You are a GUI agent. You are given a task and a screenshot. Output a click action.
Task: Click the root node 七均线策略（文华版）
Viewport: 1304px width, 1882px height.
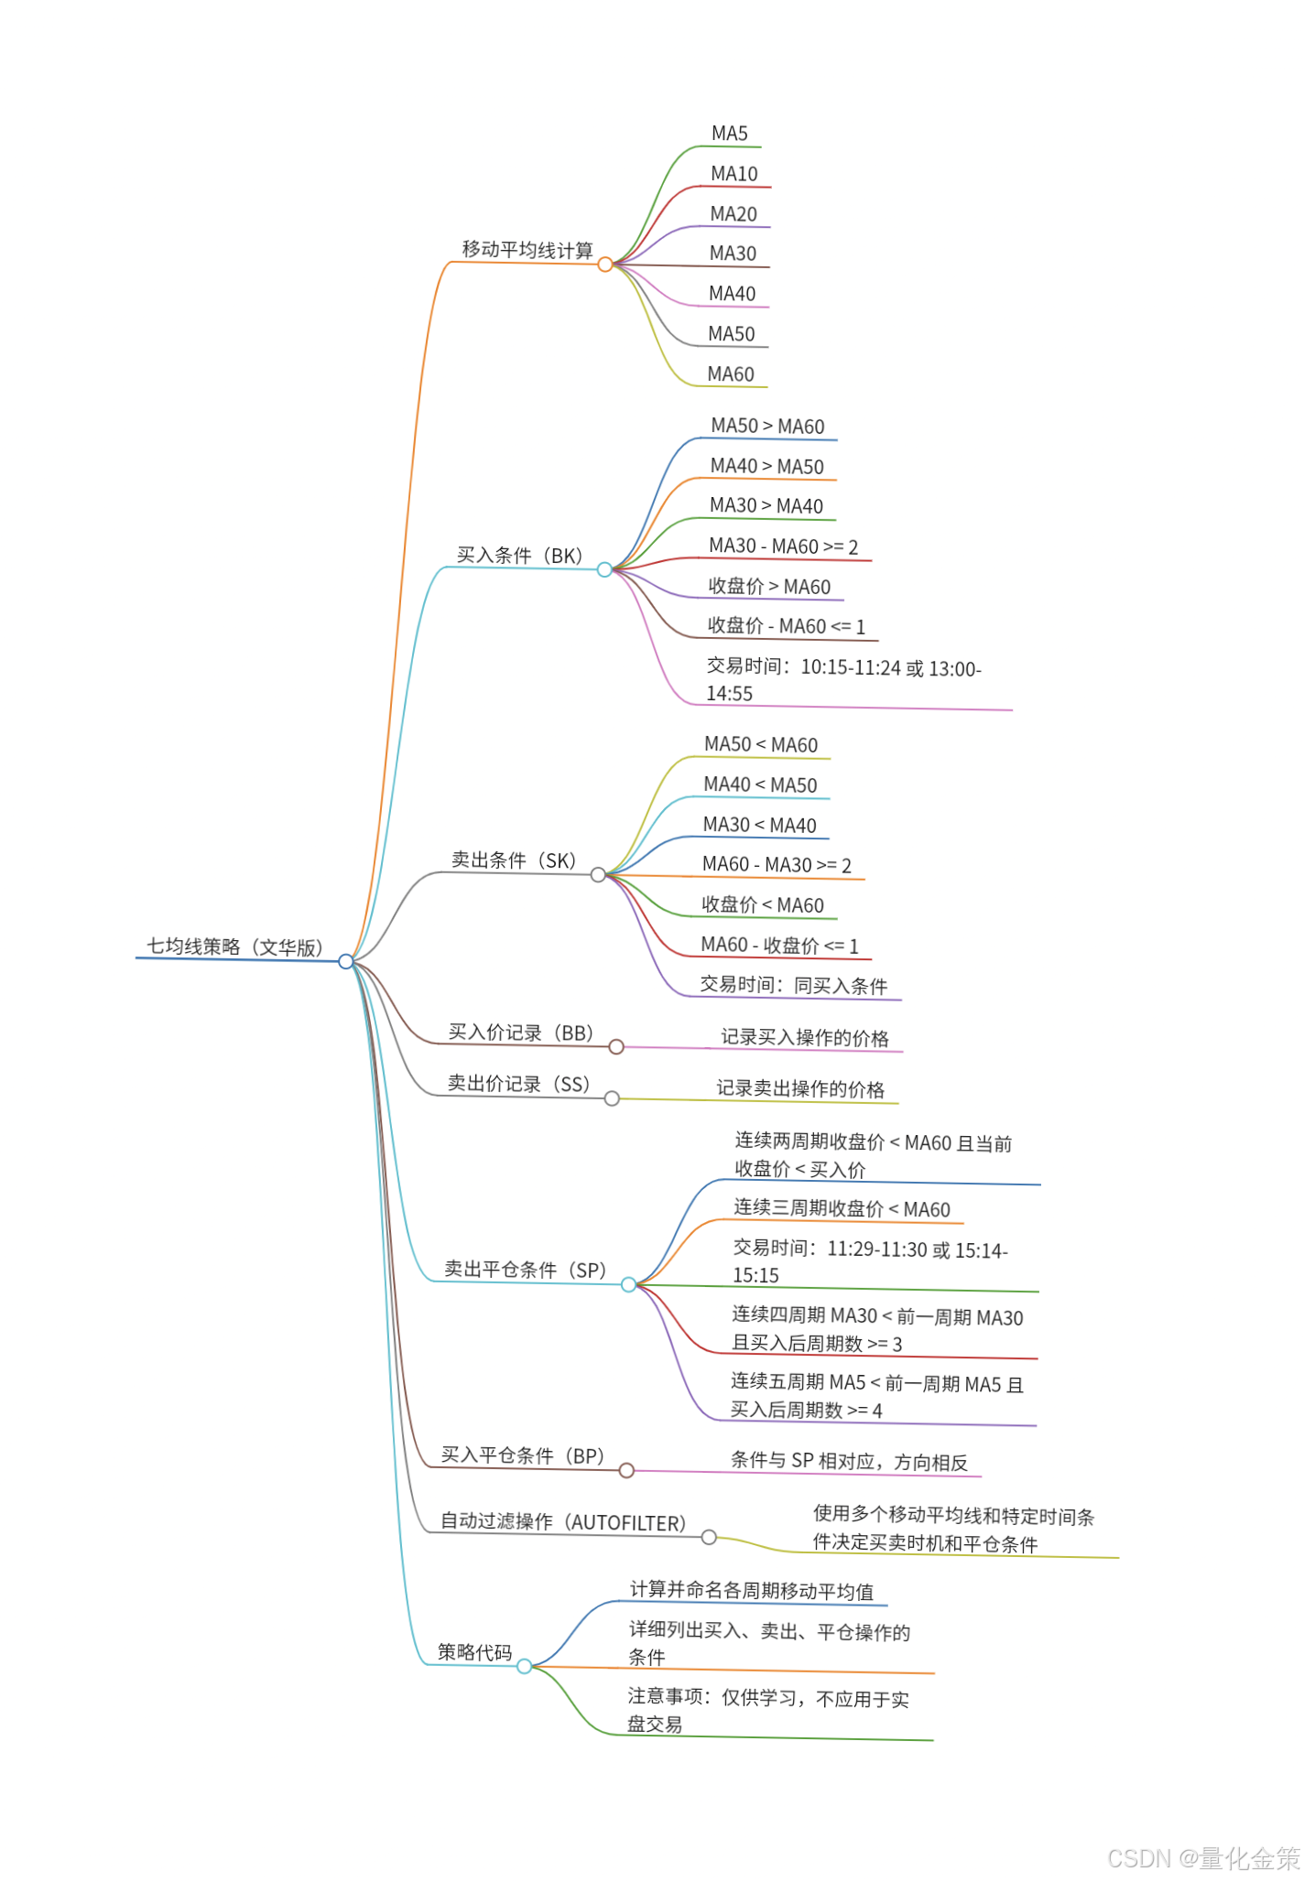click(x=235, y=946)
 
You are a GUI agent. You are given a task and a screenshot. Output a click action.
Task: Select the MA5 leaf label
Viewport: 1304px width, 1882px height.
click(x=730, y=134)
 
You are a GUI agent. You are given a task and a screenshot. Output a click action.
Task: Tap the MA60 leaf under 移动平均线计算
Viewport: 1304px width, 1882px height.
click(x=731, y=374)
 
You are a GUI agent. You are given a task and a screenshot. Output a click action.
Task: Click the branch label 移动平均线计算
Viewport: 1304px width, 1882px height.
click(x=527, y=250)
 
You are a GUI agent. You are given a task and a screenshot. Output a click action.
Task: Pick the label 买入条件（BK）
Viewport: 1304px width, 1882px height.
click(x=519, y=556)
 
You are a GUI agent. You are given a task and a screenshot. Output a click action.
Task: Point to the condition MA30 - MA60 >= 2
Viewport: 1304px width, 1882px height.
click(x=783, y=546)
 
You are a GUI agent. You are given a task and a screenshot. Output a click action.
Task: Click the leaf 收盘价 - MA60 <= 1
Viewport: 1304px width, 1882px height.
click(x=786, y=626)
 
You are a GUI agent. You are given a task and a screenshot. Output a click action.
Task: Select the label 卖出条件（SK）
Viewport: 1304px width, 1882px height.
click(x=514, y=860)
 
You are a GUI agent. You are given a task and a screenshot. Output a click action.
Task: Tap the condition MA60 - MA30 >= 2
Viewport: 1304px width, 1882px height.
click(x=777, y=865)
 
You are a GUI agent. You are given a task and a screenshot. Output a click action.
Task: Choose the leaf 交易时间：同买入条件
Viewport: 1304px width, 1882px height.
click(x=794, y=985)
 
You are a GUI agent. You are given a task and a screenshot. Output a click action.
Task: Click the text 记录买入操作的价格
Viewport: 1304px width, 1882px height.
click(x=804, y=1037)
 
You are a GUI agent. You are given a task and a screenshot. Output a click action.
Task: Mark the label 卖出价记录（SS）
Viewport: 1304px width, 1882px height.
click(x=518, y=1084)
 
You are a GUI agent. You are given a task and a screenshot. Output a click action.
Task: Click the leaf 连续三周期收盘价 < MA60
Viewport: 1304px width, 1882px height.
click(x=842, y=1209)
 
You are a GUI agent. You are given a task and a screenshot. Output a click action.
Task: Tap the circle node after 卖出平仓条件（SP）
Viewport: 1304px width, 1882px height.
click(x=628, y=1285)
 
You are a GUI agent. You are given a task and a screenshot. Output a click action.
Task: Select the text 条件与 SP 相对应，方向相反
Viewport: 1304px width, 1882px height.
click(x=849, y=1462)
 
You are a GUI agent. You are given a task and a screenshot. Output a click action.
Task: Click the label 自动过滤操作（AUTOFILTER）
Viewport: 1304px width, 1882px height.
click(x=563, y=1522)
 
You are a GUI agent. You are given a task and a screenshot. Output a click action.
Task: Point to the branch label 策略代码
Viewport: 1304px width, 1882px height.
click(x=474, y=1652)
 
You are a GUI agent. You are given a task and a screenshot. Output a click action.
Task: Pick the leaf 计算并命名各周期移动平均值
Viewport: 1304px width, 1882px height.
click(x=752, y=1591)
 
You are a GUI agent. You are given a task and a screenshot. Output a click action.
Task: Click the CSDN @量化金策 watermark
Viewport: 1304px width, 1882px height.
click(x=1203, y=1858)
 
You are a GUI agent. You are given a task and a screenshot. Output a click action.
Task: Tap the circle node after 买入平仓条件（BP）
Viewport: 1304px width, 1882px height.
click(x=626, y=1471)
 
